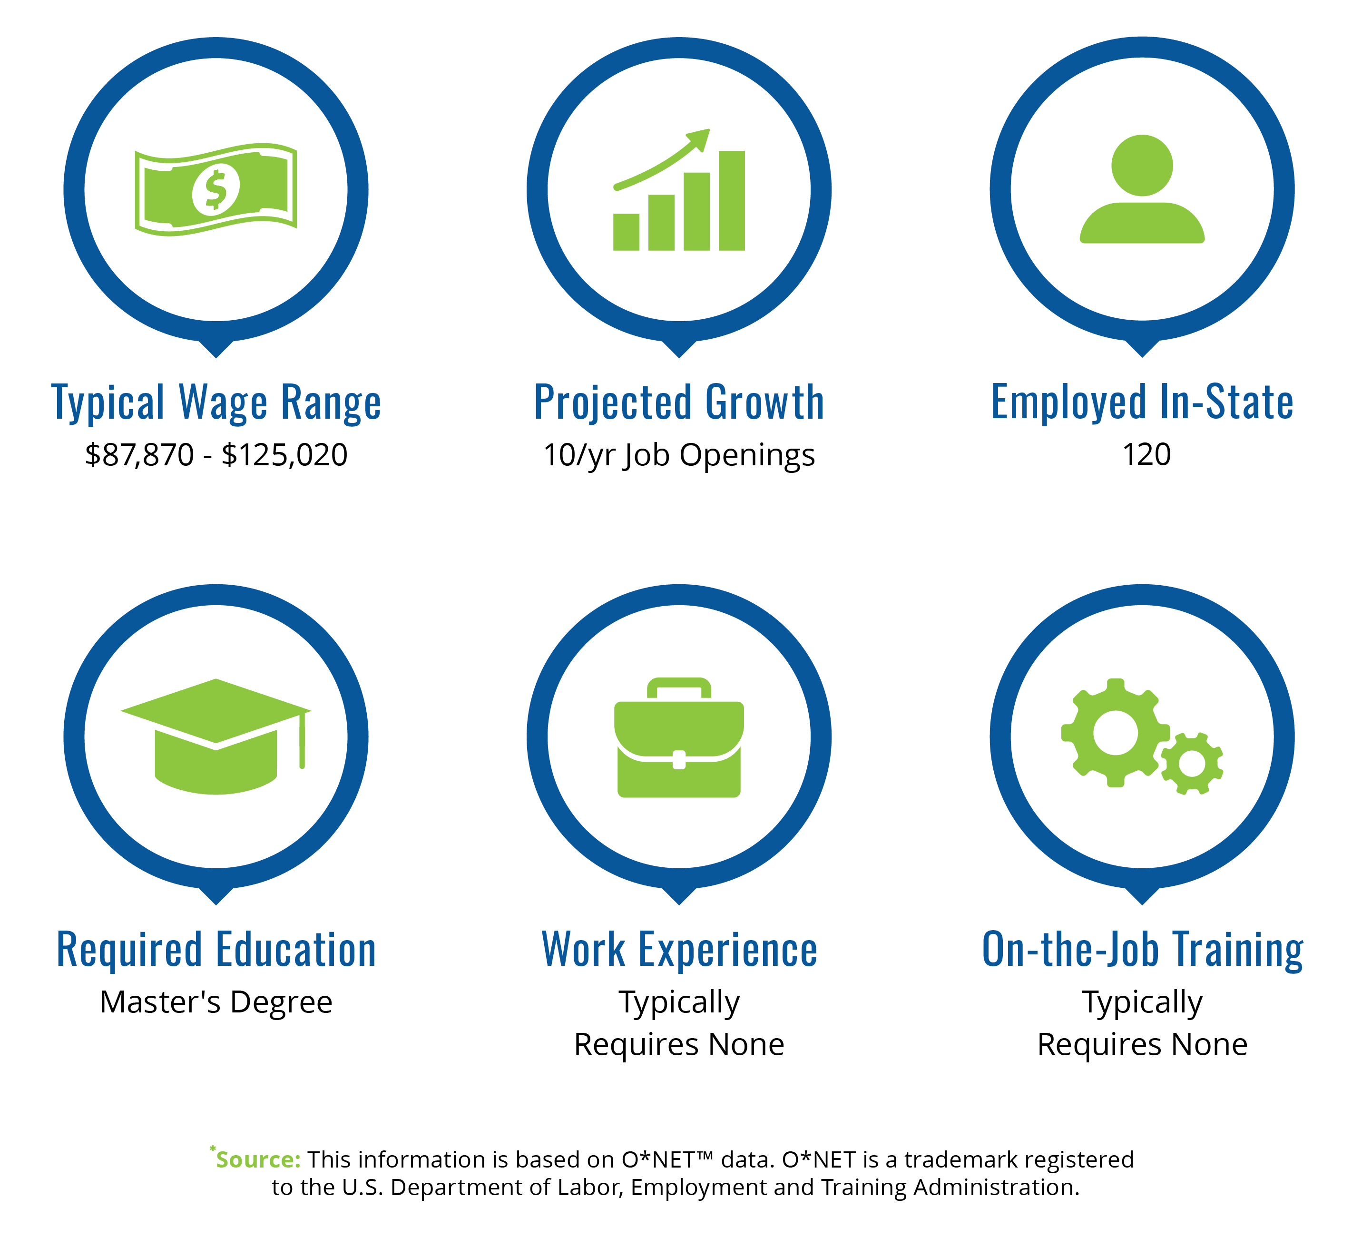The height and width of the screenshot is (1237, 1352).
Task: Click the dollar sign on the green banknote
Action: coord(216,190)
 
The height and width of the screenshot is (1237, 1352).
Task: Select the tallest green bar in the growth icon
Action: coord(732,201)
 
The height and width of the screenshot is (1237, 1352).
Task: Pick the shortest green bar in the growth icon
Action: coord(627,232)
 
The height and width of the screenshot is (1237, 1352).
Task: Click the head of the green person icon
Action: coord(1142,166)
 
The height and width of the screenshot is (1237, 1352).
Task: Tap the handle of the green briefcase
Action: coord(679,687)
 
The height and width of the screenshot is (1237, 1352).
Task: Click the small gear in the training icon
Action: coord(1192,764)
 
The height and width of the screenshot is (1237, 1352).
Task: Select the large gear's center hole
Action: coord(1115,733)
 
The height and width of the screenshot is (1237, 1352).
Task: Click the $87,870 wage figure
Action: coord(139,455)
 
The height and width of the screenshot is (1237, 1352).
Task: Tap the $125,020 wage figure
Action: coord(284,455)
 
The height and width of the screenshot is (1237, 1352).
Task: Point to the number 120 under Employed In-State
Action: coord(1147,454)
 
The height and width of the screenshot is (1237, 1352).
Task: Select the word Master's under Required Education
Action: coord(160,1002)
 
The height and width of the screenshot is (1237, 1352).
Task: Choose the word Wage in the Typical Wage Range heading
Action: coord(223,403)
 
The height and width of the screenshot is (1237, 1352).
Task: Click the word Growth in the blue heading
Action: coord(764,403)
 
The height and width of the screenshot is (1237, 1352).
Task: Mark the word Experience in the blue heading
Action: coord(728,950)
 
